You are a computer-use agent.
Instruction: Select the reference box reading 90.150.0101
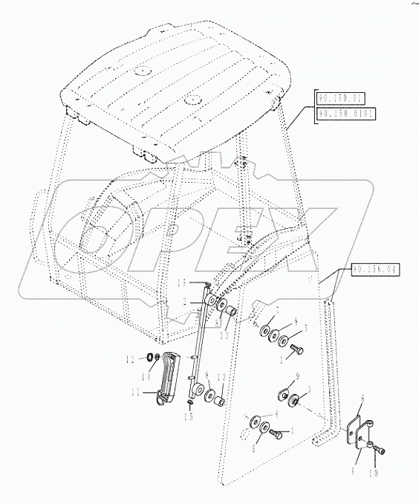pos(346,114)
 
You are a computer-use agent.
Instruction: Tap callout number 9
pos(297,375)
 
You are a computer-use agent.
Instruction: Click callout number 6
pos(362,399)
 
